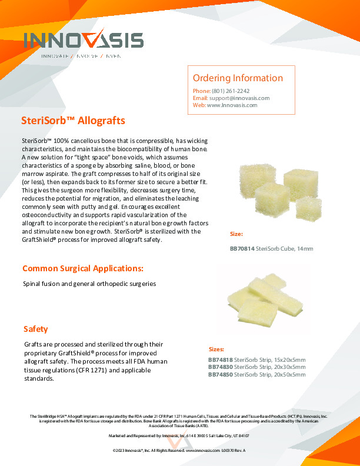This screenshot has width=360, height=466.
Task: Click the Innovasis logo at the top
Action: click(x=84, y=42)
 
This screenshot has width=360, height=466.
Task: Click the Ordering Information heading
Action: click(x=238, y=78)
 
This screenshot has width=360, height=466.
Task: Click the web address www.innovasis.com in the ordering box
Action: click(x=232, y=105)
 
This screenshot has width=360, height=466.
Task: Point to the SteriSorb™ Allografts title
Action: click(x=73, y=121)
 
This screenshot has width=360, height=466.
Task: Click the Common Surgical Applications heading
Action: click(x=82, y=268)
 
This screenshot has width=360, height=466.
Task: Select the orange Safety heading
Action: click(x=36, y=329)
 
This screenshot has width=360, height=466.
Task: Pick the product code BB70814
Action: click(x=242, y=249)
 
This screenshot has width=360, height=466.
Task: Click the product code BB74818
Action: click(x=220, y=360)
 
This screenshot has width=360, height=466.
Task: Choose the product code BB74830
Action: click(x=220, y=367)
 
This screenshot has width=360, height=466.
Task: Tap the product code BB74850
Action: click(x=220, y=374)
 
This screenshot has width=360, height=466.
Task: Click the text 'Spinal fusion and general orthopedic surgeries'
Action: click(x=89, y=284)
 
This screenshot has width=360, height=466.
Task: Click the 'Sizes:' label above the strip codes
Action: click(x=216, y=349)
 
